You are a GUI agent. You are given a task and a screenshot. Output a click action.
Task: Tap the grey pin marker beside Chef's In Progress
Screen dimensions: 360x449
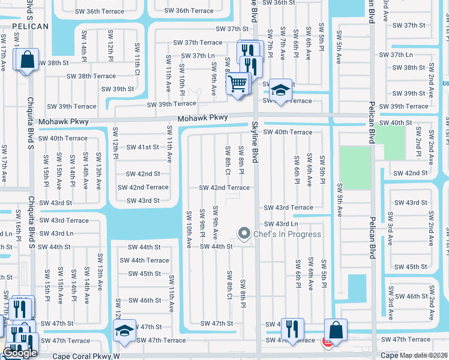[x=244, y=233]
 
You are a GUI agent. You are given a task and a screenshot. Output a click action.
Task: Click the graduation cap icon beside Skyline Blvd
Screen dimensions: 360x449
[x=280, y=89]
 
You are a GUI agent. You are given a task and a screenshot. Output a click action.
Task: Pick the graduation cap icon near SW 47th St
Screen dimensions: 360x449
[x=124, y=330]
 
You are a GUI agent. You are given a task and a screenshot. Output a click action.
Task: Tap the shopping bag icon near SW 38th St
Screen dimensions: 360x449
[x=26, y=60]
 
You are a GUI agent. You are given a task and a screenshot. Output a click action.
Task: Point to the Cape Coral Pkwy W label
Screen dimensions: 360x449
[x=86, y=355]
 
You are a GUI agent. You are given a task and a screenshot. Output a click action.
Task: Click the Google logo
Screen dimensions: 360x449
[x=20, y=353]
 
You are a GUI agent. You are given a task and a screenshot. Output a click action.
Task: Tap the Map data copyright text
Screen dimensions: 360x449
[x=424, y=355]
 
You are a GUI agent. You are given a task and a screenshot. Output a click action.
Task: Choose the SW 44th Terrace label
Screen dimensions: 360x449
[x=144, y=260]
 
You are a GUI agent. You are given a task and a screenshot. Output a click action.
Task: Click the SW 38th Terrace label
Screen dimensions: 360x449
[x=91, y=76]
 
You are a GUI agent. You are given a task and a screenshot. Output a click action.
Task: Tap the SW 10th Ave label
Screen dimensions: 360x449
[x=188, y=229]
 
